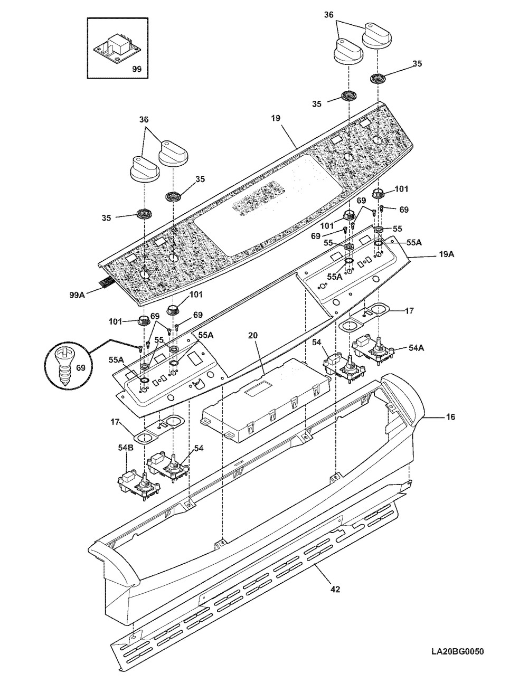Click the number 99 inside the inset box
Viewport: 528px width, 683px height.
coord(136,69)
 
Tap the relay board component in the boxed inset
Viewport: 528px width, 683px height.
coord(117,47)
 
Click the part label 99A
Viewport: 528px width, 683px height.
coord(78,295)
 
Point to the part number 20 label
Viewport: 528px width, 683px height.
coord(253,335)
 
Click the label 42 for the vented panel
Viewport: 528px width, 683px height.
coord(335,590)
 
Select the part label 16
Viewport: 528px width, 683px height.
coord(450,417)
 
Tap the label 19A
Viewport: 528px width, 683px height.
coord(446,254)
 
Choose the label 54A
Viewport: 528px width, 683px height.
coord(417,348)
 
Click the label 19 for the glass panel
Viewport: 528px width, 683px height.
coord(276,118)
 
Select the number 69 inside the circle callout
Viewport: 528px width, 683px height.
coord(81,367)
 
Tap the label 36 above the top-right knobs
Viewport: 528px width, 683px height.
coord(329,15)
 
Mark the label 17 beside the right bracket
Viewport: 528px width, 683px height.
coord(409,311)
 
